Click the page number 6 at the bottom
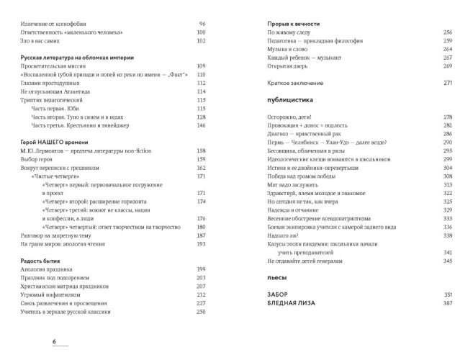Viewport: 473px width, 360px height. [x=53, y=341]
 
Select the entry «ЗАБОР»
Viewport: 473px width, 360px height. [x=277, y=294]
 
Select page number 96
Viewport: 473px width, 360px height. [x=202, y=24]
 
